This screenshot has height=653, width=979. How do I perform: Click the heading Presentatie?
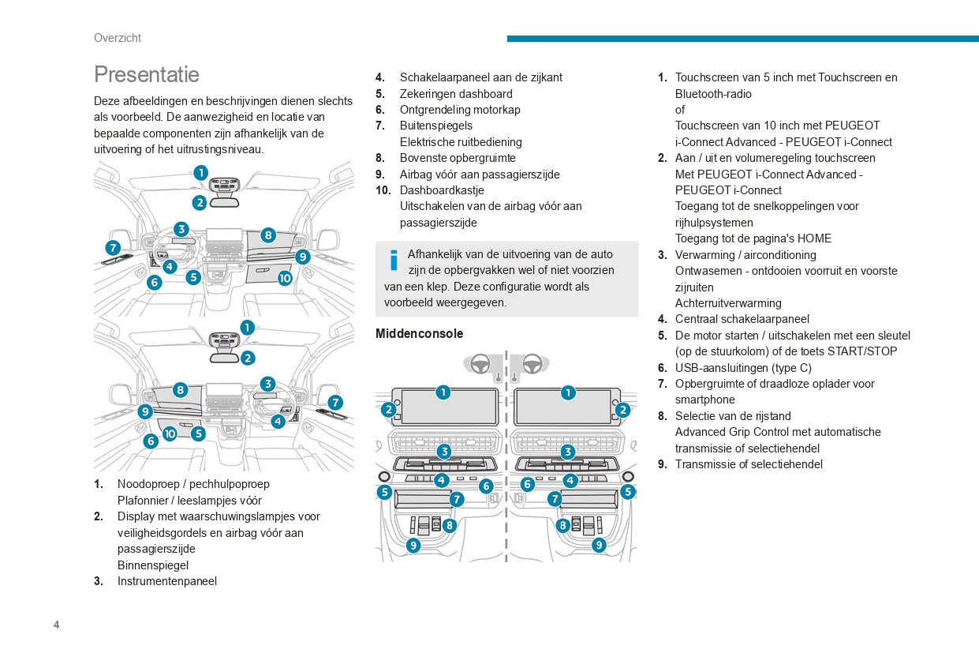[x=147, y=74]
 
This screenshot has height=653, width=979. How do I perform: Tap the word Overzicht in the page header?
[x=118, y=38]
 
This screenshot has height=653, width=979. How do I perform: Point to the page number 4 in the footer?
[x=57, y=625]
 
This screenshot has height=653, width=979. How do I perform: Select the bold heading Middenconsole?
[x=419, y=334]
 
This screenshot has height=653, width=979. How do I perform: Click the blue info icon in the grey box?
[x=394, y=261]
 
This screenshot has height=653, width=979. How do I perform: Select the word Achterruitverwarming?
[x=728, y=303]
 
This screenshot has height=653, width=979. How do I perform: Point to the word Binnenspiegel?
[x=153, y=565]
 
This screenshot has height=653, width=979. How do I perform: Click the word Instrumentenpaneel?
[x=167, y=581]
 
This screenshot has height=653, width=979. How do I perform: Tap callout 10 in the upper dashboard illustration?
[x=285, y=278]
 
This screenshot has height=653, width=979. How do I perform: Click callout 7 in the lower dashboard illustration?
[x=335, y=402]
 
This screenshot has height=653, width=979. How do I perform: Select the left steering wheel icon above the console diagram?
[x=480, y=364]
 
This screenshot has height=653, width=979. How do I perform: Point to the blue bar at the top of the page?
[x=742, y=38]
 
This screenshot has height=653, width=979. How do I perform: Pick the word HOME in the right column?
[x=815, y=238]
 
